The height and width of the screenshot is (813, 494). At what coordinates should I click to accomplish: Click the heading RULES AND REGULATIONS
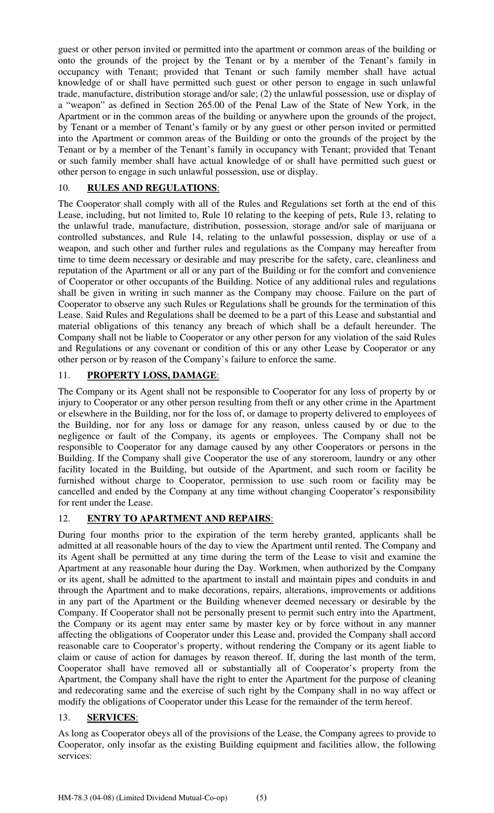(152, 188)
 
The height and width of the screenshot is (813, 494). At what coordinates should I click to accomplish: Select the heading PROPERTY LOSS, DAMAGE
(151, 375)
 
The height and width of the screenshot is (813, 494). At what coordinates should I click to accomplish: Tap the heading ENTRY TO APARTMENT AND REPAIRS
(178, 518)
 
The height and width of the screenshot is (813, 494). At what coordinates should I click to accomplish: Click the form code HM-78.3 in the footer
(73, 797)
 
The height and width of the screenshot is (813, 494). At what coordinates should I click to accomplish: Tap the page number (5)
(262, 797)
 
